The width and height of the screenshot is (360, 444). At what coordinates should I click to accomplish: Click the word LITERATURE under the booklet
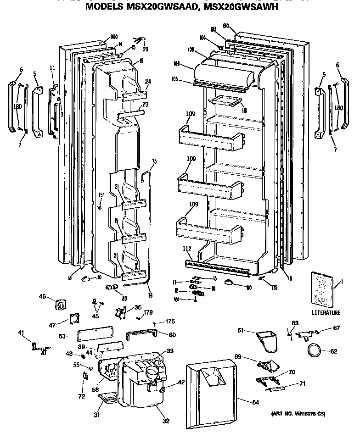(326, 313)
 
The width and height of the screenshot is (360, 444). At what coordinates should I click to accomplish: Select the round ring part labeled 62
(314, 351)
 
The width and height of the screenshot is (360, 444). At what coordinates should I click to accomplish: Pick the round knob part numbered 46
(60, 305)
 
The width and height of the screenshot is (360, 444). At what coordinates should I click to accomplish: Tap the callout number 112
(186, 250)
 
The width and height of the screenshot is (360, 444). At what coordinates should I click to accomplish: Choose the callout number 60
(172, 335)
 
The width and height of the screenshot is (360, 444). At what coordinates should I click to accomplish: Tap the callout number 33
(169, 351)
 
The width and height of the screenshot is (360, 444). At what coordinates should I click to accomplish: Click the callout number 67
(337, 328)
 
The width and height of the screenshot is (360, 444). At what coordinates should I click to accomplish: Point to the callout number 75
(154, 161)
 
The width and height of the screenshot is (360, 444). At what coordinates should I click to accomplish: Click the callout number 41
(21, 332)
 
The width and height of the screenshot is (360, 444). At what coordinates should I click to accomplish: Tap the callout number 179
(148, 313)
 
